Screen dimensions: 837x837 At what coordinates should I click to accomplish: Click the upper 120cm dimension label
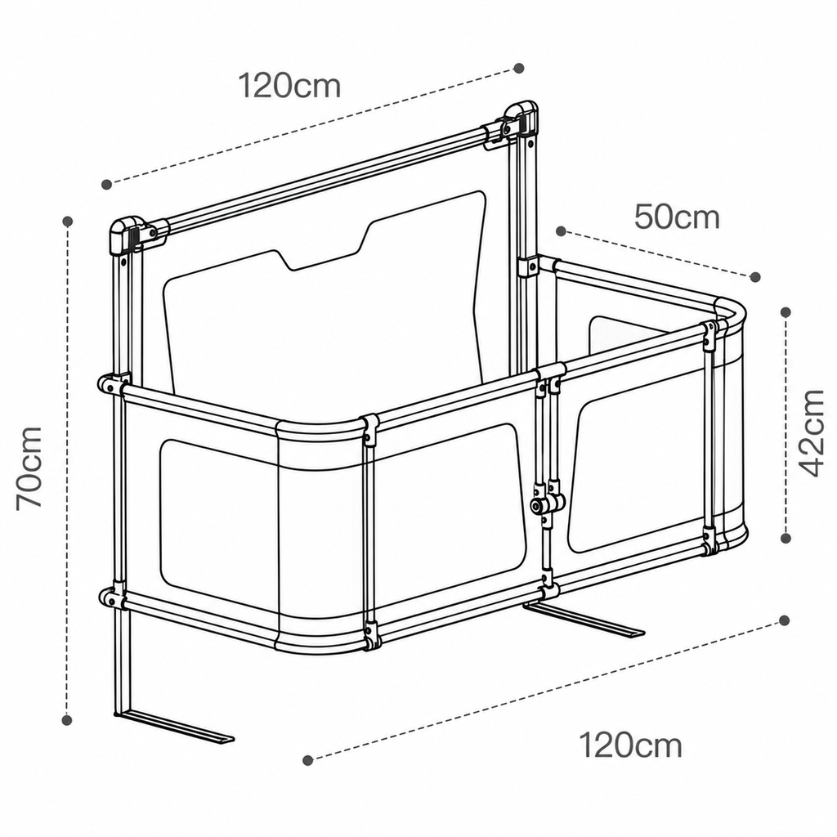[x=289, y=86]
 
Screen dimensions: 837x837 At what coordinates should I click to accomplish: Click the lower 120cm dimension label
[x=630, y=745]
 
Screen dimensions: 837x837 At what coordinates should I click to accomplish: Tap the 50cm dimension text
[x=677, y=217]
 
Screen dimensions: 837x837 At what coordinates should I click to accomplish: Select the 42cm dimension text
[x=811, y=432]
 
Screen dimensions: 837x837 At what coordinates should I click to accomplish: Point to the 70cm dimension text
[x=29, y=468]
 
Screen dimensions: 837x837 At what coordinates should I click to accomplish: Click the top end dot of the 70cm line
[x=67, y=221]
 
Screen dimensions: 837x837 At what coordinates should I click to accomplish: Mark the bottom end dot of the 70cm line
[x=67, y=720]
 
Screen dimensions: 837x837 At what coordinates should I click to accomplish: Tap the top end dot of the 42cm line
[x=786, y=311]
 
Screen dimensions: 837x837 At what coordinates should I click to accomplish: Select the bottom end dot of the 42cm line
[x=786, y=538]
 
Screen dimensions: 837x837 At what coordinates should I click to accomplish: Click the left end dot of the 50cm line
[x=561, y=231]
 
